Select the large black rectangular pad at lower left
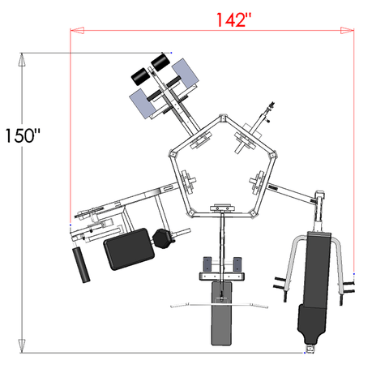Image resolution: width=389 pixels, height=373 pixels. click(x=126, y=249)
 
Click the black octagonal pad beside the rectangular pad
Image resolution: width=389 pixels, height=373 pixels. click(x=163, y=238)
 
